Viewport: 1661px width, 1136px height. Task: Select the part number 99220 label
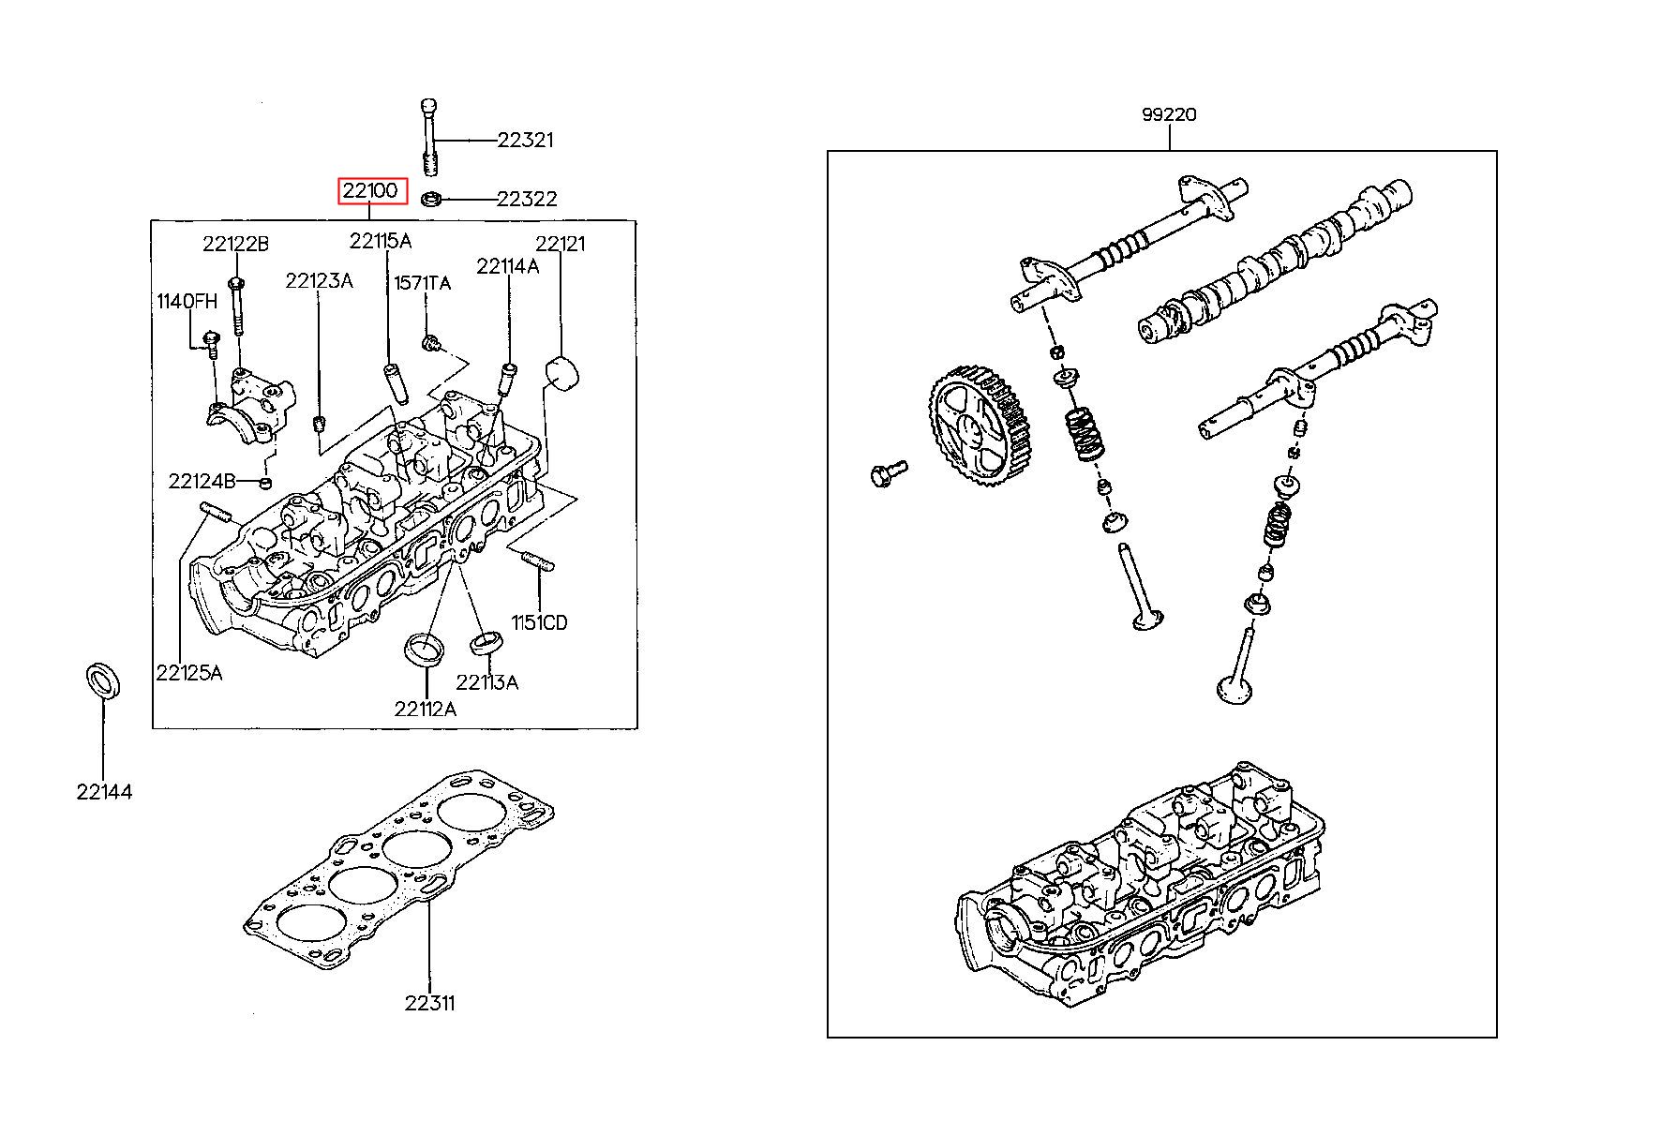pos(1169,115)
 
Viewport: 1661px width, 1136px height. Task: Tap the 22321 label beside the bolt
pos(526,141)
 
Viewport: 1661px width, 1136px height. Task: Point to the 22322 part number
pos(527,199)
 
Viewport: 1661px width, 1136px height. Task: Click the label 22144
pos(105,792)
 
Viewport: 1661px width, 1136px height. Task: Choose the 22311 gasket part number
pos(430,1003)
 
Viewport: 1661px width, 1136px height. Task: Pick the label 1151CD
pos(539,622)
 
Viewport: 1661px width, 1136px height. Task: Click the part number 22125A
pos(189,673)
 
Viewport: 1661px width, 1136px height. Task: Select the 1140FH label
pos(187,301)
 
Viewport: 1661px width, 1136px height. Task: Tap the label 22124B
pos(202,482)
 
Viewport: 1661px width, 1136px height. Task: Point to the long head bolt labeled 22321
pos(428,137)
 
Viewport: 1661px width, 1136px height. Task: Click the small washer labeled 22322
pos(431,199)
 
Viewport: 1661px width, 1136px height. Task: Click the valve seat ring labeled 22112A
pos(425,650)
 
